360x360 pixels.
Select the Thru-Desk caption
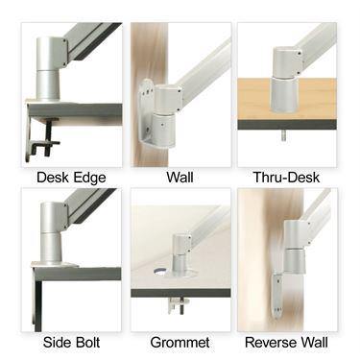tap(286, 177)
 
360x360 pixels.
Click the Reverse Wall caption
tap(286, 342)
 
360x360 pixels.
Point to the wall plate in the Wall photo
tap(149, 115)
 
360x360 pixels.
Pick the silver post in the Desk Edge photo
tap(48, 72)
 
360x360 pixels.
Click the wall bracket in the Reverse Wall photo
tap(277, 293)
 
